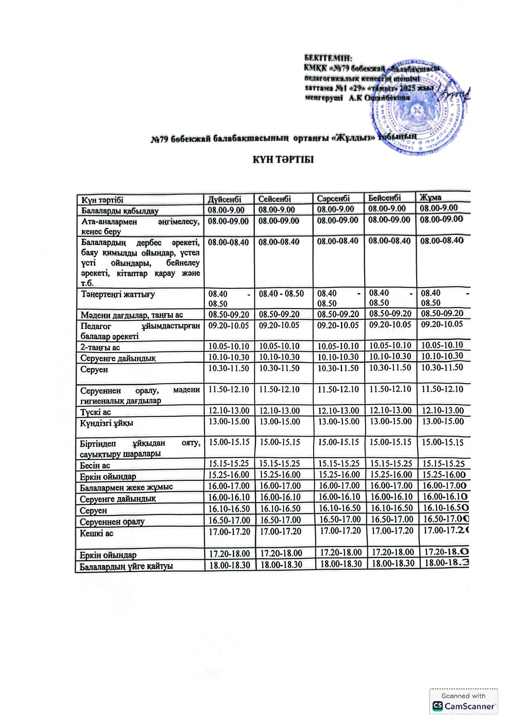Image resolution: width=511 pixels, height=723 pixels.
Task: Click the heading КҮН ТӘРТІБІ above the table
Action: point(283,160)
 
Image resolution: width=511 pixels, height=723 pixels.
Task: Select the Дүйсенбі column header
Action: point(224,199)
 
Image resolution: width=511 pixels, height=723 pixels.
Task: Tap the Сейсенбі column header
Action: point(274,199)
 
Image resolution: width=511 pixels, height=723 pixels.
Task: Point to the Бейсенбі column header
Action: point(384,198)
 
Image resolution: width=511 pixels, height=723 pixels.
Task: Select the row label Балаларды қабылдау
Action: point(120,211)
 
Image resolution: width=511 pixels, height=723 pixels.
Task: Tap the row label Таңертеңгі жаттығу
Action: point(118,295)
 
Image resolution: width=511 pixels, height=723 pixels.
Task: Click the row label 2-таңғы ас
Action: point(100,347)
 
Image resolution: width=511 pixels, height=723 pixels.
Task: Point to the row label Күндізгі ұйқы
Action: point(107,423)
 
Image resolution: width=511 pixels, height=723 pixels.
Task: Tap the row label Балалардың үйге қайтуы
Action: point(126,566)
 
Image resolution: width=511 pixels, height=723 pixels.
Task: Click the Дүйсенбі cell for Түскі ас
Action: point(229,411)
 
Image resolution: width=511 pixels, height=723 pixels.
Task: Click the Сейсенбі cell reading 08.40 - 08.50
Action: point(281,294)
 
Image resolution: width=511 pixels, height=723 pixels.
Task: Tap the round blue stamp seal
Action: point(416,110)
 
